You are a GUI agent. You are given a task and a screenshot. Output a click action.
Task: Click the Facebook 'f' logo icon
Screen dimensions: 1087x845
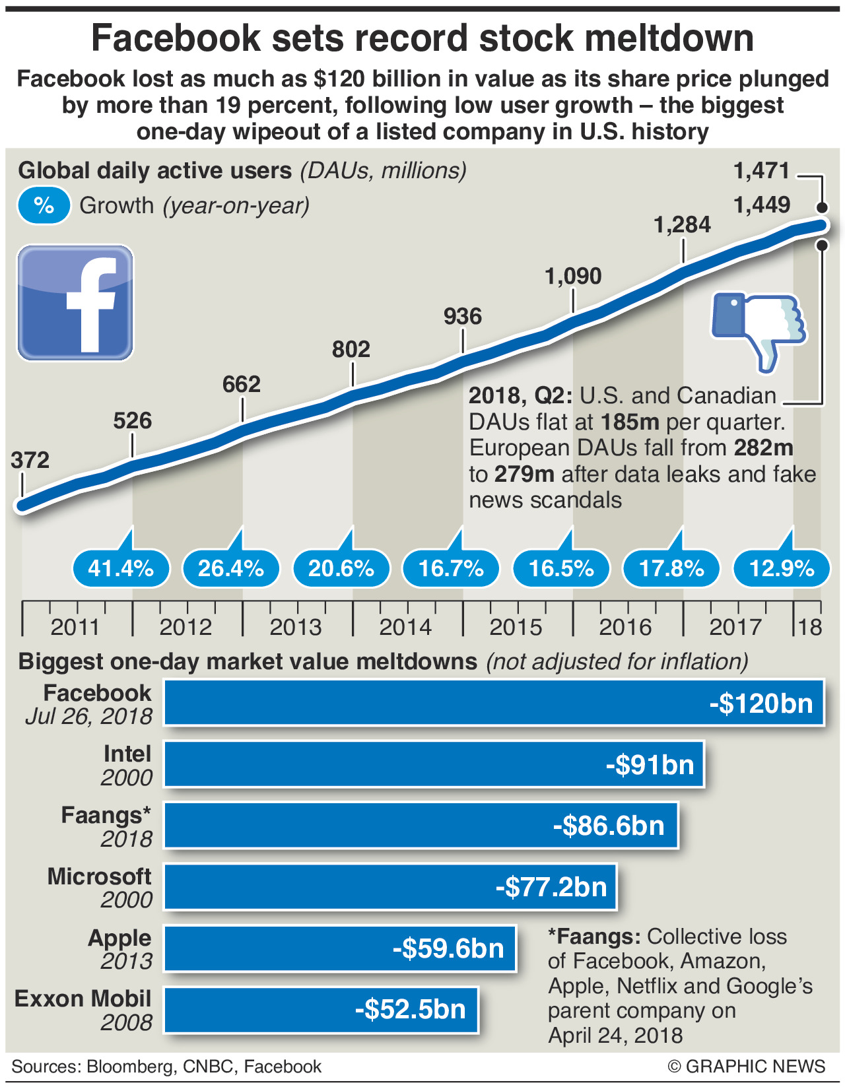[x=75, y=303]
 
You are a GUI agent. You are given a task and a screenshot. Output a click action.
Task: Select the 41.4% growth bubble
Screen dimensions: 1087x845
[x=121, y=568]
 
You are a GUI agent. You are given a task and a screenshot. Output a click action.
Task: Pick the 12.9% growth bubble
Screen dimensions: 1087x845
[x=782, y=568]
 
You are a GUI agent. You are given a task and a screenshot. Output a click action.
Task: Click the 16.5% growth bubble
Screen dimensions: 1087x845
[x=561, y=568]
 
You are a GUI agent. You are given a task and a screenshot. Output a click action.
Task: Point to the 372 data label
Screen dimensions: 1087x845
[x=30, y=460]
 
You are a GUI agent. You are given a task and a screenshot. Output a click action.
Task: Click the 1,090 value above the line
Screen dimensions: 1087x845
[x=573, y=276]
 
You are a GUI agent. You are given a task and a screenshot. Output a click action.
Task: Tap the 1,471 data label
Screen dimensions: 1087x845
[x=762, y=171]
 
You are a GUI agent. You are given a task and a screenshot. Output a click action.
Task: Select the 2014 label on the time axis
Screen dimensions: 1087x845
[x=405, y=626]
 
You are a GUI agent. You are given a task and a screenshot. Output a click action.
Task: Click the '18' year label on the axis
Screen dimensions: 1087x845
[x=809, y=626]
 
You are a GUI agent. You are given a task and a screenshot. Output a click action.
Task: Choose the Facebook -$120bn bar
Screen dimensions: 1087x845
[x=494, y=703]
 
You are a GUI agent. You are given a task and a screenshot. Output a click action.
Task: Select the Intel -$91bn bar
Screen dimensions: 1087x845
[x=434, y=764]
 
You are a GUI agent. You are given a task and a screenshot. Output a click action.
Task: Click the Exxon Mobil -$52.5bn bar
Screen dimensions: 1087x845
[x=321, y=1009]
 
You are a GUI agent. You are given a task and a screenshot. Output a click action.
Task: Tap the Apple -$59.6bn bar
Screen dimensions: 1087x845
[x=339, y=948]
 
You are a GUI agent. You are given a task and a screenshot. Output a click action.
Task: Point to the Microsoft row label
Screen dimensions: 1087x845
[x=99, y=876]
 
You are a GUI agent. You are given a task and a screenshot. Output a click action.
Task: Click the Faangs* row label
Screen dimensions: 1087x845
[x=106, y=815]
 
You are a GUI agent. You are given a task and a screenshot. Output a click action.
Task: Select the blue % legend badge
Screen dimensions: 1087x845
[x=44, y=205]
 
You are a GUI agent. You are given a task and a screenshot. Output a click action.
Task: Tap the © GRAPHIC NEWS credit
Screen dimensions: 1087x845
[x=746, y=1067]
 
